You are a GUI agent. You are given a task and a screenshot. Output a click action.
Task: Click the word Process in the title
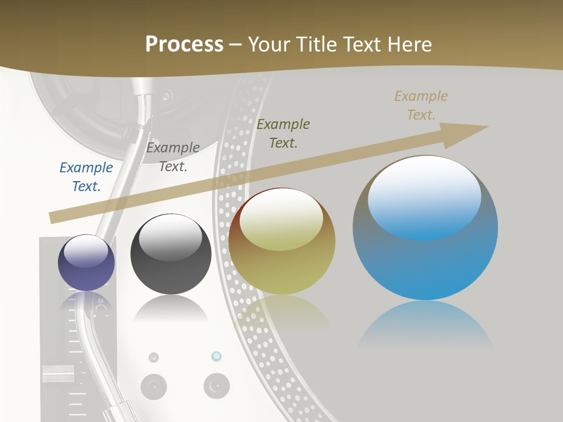[184, 45]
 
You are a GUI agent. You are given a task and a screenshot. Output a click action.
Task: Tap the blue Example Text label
[86, 176]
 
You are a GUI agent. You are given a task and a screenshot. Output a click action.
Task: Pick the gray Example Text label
[173, 156]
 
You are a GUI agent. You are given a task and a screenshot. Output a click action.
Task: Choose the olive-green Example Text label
[283, 133]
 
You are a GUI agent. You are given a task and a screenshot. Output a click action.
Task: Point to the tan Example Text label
[421, 105]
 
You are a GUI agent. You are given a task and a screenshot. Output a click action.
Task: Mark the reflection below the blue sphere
[425, 325]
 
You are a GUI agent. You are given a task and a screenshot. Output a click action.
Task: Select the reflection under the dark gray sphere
[171, 309]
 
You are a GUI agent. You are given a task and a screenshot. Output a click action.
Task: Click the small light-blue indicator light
[216, 356]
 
